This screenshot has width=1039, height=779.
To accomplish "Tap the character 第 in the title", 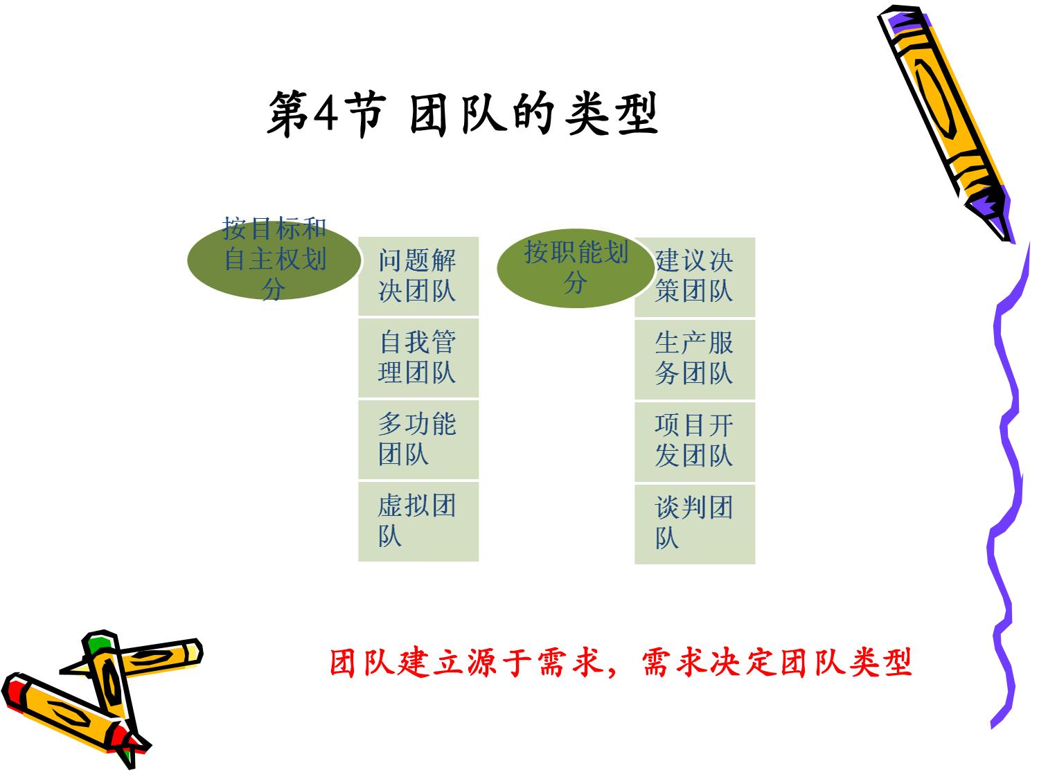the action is [x=288, y=114].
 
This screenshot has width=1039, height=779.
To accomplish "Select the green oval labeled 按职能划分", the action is [x=576, y=268].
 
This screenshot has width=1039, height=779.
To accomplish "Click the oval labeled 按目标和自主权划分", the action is [x=274, y=260].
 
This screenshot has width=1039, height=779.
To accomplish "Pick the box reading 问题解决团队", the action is [x=418, y=276].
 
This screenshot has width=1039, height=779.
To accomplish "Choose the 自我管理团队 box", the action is [x=418, y=358].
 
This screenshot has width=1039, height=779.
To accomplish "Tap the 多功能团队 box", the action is [x=418, y=440].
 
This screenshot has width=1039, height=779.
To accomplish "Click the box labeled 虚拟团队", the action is [x=418, y=521].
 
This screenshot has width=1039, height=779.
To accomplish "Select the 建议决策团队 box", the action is [x=695, y=277].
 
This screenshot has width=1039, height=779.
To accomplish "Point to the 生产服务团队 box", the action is [x=695, y=359].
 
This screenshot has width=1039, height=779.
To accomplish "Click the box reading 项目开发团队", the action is [x=695, y=442].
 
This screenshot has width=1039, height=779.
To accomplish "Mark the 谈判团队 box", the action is [x=695, y=525].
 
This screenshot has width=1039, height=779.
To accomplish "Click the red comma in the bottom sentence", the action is [x=612, y=672].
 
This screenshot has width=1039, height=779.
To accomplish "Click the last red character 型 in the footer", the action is [x=896, y=662].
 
